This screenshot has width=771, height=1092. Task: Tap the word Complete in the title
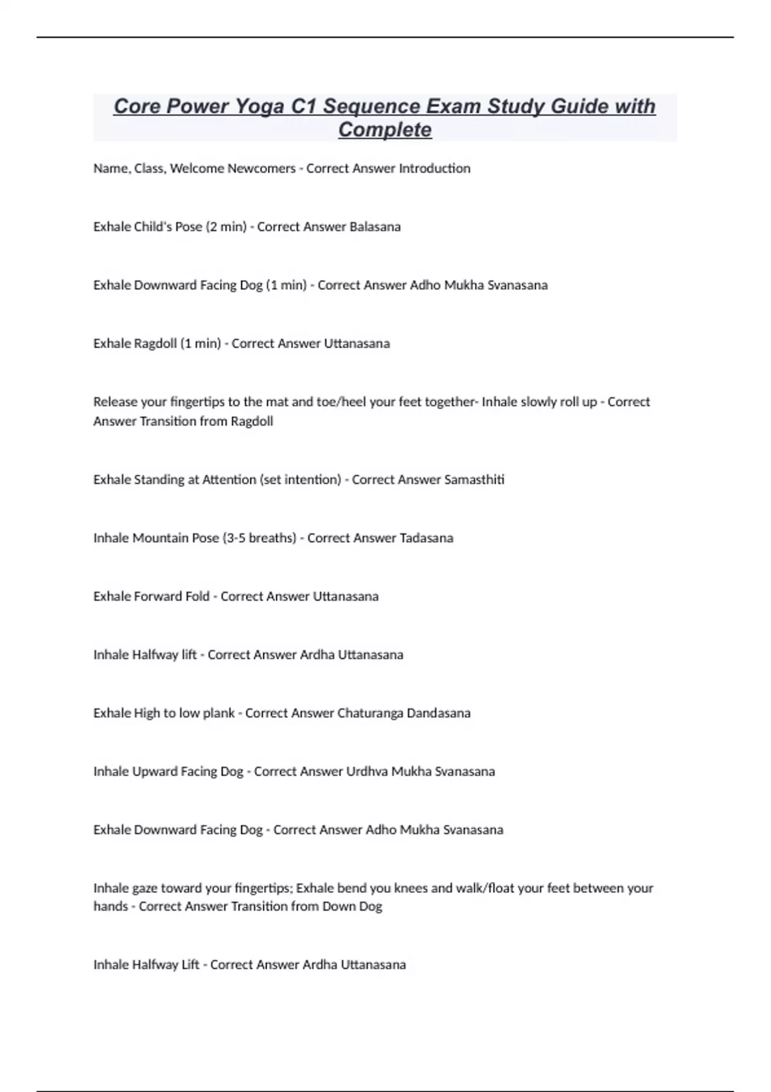pos(385,130)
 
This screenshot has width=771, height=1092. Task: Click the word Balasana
pos(375,227)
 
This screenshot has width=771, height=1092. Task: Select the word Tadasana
pos(427,538)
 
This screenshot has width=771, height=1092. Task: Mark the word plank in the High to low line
pos(218,713)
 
